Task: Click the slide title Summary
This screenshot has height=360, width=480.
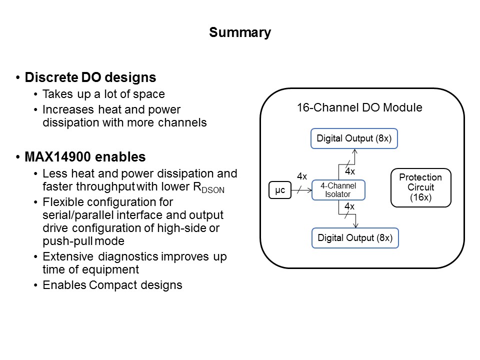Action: tap(240, 32)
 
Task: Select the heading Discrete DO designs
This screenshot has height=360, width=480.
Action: tap(90, 77)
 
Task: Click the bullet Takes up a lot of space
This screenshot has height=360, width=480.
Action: tap(103, 94)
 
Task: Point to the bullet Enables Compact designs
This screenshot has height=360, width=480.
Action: tap(112, 285)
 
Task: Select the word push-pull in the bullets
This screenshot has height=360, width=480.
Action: tap(62, 241)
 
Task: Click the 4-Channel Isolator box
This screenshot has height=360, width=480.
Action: tap(338, 190)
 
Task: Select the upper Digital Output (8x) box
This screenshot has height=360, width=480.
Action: tap(354, 138)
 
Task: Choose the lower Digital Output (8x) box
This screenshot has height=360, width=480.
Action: tap(354, 238)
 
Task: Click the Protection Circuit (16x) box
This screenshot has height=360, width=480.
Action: tap(420, 187)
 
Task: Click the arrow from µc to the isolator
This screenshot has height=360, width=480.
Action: tap(301, 190)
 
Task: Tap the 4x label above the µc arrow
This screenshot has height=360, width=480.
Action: tap(302, 176)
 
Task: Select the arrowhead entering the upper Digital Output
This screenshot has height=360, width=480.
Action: tap(354, 151)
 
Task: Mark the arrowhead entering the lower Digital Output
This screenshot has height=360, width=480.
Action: tap(354, 225)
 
